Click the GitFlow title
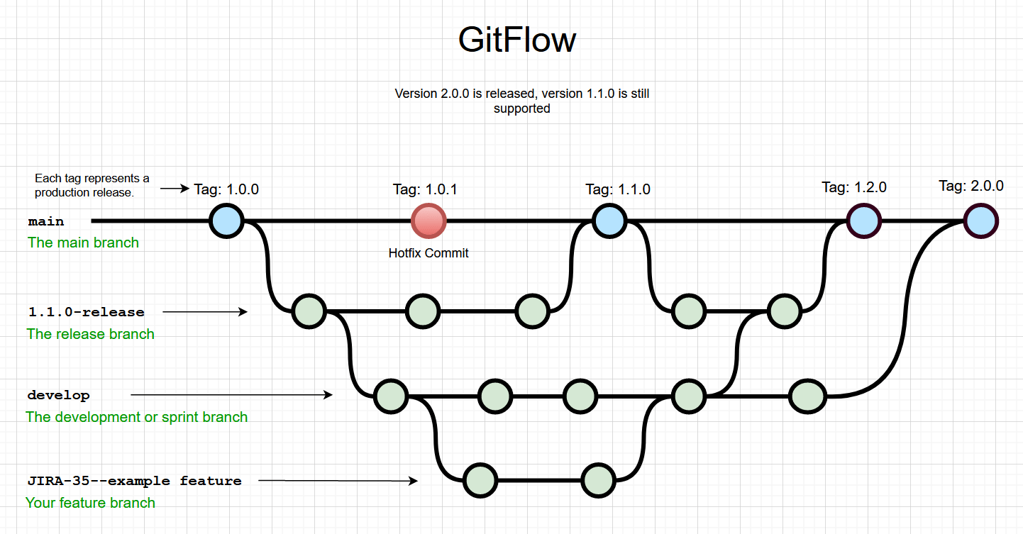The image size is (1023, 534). coord(516,40)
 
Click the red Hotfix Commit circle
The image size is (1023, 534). coord(428,221)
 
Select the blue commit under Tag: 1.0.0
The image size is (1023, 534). coord(227,221)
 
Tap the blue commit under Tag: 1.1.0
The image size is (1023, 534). coord(609,221)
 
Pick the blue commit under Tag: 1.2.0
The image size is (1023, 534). coord(863,221)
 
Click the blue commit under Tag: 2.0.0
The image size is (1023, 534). coord(981,221)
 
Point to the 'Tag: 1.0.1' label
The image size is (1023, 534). coord(425,189)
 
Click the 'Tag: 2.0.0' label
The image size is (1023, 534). coord(971,186)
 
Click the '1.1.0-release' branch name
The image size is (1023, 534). coord(86,312)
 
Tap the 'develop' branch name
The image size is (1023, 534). coord(59,395)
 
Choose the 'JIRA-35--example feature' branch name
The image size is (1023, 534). coord(134,481)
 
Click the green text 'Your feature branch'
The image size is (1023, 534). coord(90,503)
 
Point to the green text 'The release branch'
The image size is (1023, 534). coord(90,334)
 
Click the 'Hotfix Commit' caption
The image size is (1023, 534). coord(428,252)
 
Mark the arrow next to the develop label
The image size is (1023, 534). coord(231,394)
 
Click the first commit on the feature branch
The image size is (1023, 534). coord(480,480)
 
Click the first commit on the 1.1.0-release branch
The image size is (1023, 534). coord(309,311)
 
